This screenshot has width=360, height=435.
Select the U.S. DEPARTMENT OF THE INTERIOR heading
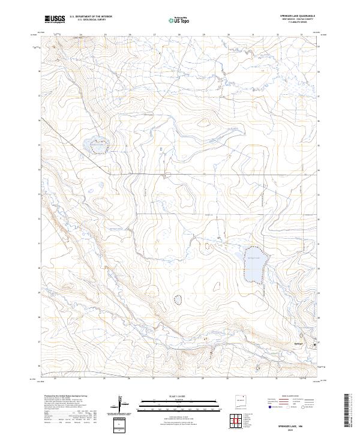click(90, 17)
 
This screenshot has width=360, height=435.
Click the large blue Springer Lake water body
click(254, 263)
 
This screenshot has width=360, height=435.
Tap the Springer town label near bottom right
click(300, 343)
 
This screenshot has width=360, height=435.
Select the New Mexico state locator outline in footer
click(241, 403)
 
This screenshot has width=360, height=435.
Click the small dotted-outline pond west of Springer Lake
click(208, 245)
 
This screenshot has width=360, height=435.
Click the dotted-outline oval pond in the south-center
click(177, 299)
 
